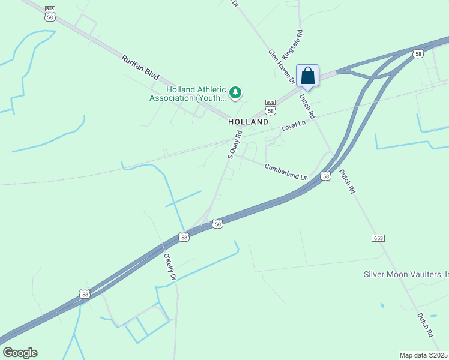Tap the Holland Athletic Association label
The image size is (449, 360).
187,94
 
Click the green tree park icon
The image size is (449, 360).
236,92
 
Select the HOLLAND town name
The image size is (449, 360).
248,122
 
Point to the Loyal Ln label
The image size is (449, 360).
294,125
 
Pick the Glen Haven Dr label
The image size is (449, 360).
282,67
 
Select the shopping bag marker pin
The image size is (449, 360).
307,76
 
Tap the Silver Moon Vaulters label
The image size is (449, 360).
406,274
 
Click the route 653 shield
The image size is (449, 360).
378,238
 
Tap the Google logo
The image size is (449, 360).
20,352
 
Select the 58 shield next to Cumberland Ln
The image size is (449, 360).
325,176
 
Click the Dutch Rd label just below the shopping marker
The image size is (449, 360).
308,104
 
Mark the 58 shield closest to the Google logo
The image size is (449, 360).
85,294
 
